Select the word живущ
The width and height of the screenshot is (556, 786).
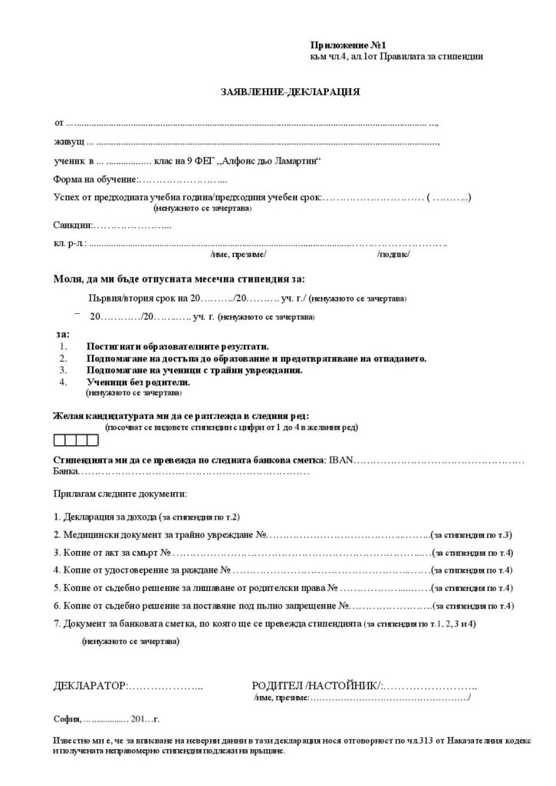68,142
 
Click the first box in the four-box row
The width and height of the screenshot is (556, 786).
59,440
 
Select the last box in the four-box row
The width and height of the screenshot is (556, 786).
93,440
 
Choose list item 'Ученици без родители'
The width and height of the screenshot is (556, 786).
133,381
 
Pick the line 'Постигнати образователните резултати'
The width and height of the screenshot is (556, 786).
177,347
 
